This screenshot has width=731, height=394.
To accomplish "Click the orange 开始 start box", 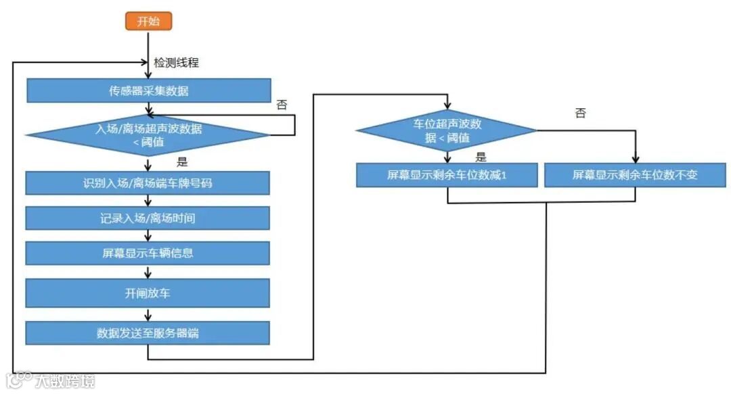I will pos(148,21).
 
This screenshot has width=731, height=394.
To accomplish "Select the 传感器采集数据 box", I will pos(148,91).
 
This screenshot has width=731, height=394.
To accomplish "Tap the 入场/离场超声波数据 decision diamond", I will pos(148,135).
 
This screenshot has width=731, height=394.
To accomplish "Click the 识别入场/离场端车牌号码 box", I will pos(148,183).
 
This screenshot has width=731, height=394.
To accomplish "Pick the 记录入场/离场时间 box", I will pos(148,218).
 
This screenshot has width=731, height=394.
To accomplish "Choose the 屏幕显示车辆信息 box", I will pos(148,253).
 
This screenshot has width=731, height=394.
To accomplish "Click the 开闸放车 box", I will pos(148,293).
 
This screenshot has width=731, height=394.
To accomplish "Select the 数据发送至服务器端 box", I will pos(148,333).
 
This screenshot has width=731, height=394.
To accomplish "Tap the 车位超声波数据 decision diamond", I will pos(447,130).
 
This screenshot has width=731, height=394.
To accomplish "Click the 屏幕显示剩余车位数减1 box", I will pos(447,175).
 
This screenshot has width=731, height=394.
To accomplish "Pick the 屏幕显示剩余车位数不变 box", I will pos(635,175).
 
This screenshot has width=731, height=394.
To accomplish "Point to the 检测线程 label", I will pos(176,63).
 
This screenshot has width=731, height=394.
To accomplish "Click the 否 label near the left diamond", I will pos(282,105).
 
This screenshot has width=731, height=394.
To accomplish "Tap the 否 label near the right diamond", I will pos(580,113).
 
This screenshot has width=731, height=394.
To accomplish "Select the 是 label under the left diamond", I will pos(181,162).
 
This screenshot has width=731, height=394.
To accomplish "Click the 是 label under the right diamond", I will pos(481,157).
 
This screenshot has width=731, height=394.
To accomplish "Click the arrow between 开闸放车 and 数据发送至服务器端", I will pos(148,314).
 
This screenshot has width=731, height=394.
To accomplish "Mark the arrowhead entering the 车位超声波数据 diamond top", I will pos(447,106).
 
